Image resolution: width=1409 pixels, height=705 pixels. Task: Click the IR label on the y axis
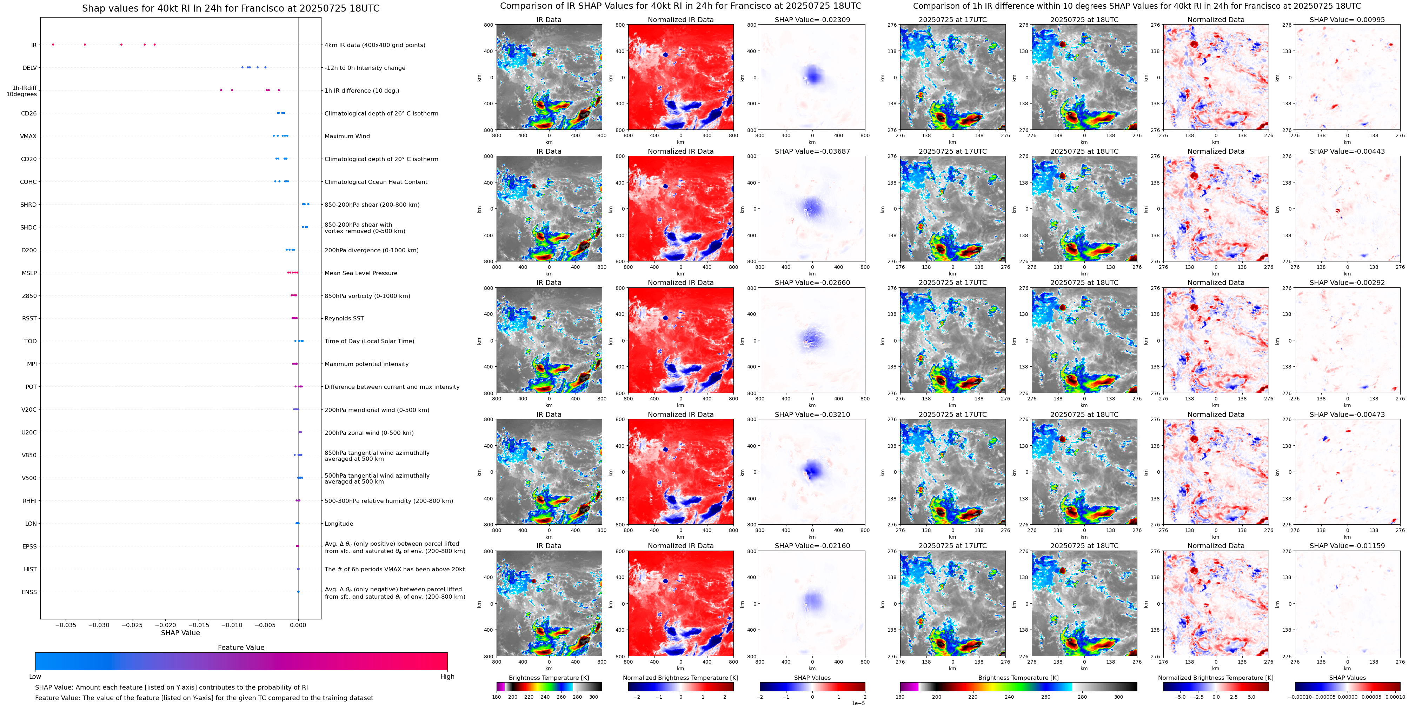coord(33,45)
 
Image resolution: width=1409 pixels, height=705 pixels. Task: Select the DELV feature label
coord(29,68)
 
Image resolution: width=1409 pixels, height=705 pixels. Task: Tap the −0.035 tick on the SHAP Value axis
coord(66,625)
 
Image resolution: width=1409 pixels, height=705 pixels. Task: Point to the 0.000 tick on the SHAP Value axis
coord(298,625)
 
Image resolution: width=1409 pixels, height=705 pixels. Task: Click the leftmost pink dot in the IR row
coord(53,44)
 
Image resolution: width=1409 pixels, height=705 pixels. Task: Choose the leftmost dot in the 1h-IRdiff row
coord(221,90)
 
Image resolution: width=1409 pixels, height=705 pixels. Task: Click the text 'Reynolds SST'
coord(344,318)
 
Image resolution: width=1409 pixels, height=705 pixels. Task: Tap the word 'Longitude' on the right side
coord(339,524)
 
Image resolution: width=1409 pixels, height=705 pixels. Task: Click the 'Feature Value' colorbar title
coord(241,647)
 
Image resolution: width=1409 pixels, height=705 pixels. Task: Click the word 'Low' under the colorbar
coord(35,677)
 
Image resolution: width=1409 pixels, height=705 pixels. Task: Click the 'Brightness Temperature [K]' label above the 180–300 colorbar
coord(549,678)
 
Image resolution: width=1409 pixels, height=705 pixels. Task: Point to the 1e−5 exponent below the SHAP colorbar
coord(858,703)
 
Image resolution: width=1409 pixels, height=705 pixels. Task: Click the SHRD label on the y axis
coord(28,205)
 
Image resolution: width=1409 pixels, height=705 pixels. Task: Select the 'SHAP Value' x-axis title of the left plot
coord(180,633)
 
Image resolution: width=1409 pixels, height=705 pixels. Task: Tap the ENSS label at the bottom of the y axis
coord(29,592)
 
